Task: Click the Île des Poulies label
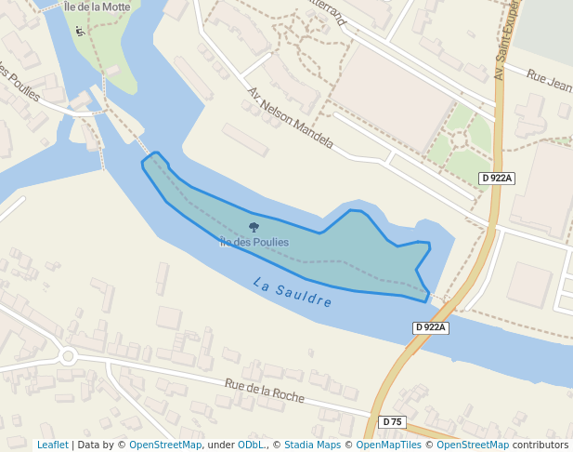(x=254, y=242)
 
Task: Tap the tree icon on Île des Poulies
(x=254, y=227)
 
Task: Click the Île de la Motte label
(x=96, y=7)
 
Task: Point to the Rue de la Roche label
(x=265, y=390)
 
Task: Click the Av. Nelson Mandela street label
(x=289, y=119)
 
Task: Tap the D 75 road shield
(x=393, y=422)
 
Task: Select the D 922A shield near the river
(x=431, y=327)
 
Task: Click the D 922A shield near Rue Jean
(x=496, y=178)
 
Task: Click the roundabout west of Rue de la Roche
(x=68, y=355)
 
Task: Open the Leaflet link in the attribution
(x=52, y=445)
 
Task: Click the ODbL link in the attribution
(x=253, y=445)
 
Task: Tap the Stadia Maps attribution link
(x=313, y=445)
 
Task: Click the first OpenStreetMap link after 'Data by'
(x=165, y=445)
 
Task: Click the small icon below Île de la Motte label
(x=79, y=32)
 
